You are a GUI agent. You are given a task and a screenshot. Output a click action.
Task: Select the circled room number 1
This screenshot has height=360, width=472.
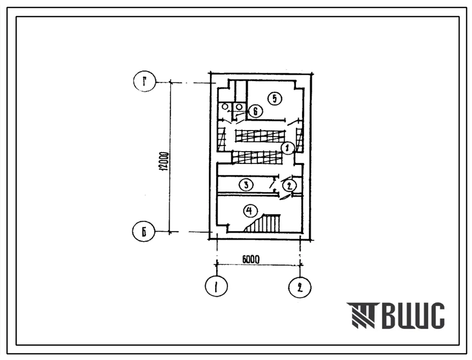(x=288, y=147)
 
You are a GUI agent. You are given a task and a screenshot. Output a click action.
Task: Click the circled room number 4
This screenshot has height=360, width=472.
(x=249, y=211)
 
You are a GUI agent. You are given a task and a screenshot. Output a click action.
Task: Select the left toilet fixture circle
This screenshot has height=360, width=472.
(x=224, y=106)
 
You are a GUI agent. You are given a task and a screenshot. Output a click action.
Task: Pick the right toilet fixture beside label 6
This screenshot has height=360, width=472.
(x=239, y=106)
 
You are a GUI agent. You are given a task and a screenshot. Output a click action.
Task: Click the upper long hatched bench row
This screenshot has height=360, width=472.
(x=260, y=135)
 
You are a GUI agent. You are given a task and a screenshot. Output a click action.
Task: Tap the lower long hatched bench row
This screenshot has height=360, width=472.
(x=256, y=157)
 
